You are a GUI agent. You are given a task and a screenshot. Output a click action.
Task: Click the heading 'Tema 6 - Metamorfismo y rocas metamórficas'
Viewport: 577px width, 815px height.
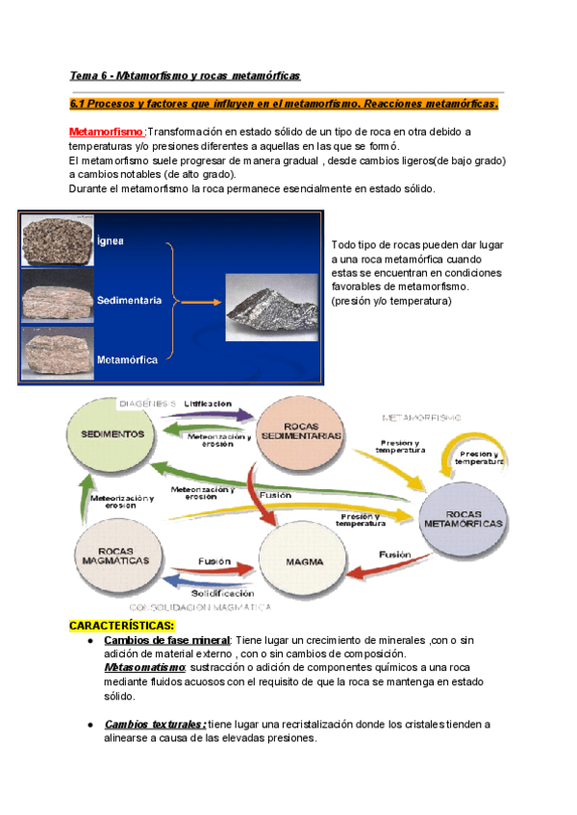[x=186, y=75]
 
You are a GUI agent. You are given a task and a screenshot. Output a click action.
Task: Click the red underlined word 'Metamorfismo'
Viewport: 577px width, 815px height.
[x=107, y=132]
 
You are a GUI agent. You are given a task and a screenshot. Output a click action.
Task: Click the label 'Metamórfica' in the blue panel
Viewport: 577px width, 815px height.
[x=128, y=360]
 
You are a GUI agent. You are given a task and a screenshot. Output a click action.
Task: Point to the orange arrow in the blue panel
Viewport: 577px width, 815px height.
[x=198, y=302]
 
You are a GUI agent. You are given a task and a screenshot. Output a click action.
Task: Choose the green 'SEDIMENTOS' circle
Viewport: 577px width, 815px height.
[x=113, y=434]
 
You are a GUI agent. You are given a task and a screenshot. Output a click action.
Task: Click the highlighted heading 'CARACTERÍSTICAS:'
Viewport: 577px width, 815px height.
[x=122, y=626]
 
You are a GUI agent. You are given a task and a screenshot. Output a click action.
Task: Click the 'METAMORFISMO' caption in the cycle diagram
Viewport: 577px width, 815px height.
[x=424, y=417]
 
